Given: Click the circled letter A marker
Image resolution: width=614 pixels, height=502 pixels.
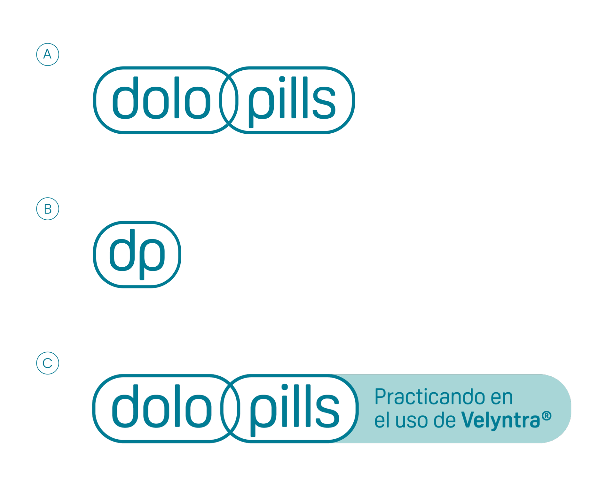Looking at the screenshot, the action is point(48,54).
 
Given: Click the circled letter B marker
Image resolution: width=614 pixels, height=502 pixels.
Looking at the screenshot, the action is point(48,209).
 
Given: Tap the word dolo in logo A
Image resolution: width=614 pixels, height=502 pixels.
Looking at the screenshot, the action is point(161,98).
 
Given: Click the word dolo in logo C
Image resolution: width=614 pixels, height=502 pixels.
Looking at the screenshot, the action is point(161,407).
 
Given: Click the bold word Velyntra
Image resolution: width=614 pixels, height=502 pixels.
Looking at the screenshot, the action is point(501,420).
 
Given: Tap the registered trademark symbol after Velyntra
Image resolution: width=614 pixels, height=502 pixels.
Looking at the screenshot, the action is point(547,416).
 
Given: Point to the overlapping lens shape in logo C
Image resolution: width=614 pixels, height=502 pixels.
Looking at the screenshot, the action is point(230,408).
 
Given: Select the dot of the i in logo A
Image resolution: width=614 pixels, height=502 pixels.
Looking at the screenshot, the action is point(282,79).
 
